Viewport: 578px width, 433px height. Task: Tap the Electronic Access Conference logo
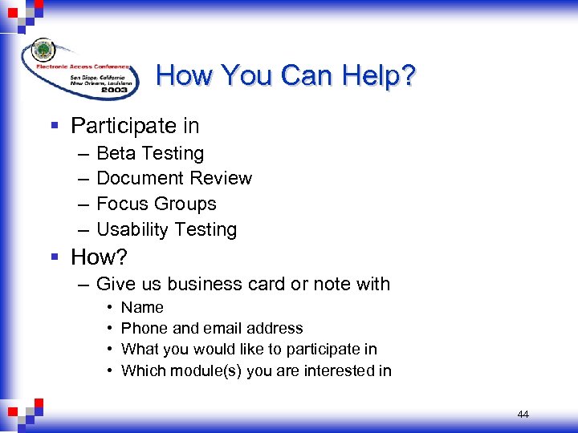[79, 67]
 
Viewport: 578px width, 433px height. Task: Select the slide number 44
[523, 415]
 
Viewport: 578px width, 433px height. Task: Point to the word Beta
[116, 153]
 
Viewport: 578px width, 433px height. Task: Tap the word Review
[221, 178]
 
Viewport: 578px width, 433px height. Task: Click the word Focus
[121, 204]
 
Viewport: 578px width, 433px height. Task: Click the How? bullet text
[99, 257]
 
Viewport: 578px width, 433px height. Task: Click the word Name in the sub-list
[142, 307]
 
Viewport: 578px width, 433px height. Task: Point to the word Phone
[142, 328]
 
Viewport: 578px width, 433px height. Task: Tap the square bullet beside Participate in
[54, 126]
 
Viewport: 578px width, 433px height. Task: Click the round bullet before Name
[108, 307]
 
